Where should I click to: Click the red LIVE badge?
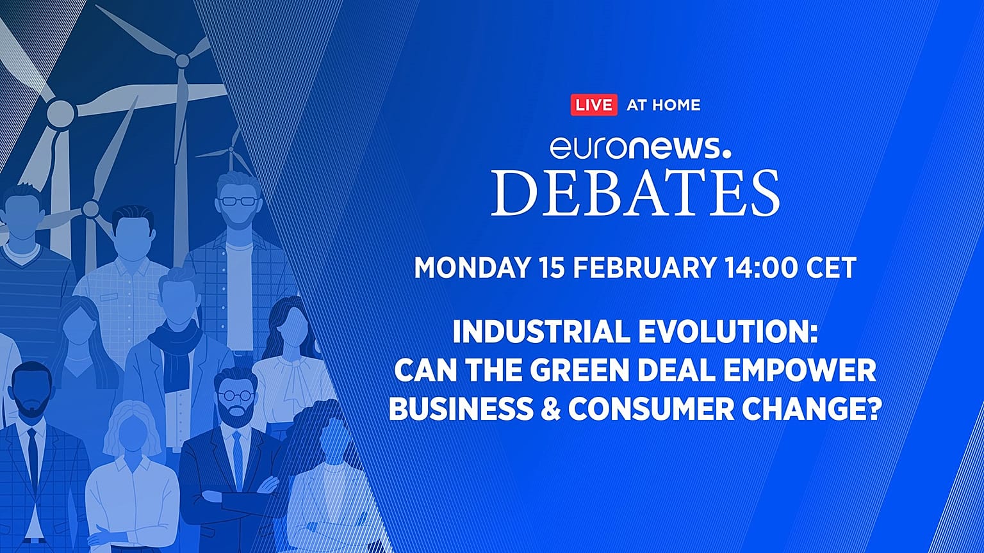point(593,105)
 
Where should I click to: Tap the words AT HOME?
point(663,105)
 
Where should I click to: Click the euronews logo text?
point(639,148)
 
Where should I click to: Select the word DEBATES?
point(635,193)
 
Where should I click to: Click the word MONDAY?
point(471,268)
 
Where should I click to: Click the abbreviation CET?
point(832,268)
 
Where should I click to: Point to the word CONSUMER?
point(648,410)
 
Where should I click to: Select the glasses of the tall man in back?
point(238,201)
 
